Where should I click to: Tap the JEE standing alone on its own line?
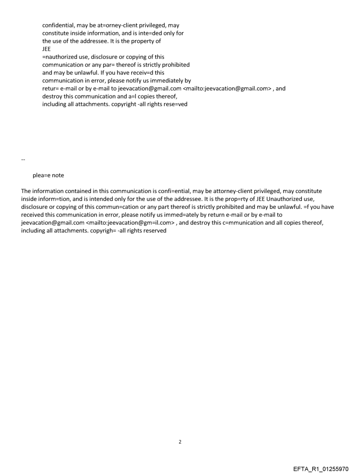click(46, 49)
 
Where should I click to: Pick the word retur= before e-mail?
click(51, 89)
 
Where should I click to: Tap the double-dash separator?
click(23, 159)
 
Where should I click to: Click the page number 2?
click(180, 442)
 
